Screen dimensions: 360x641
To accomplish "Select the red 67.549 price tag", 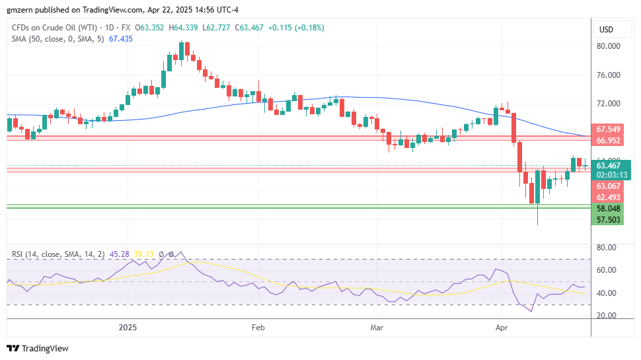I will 608,129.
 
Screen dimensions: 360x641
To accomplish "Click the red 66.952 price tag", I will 608,141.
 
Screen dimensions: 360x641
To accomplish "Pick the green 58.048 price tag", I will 608,208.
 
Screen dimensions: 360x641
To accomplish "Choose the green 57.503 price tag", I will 608,219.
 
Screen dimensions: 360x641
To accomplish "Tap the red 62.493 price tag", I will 608,198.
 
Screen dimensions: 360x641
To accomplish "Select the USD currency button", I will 606,30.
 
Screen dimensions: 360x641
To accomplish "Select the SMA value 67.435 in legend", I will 120,39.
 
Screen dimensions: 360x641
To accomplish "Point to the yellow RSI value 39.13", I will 143,254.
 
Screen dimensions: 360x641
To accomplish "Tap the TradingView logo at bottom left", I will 38,348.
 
